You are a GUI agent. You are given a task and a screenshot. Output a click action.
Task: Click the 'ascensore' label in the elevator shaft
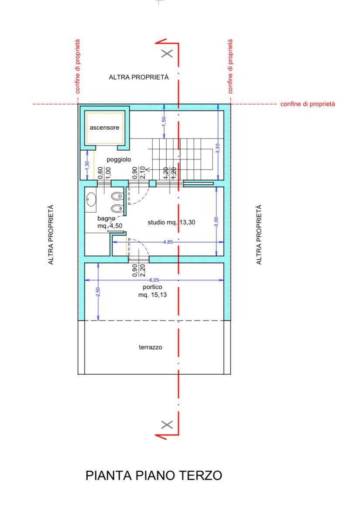click(x=104, y=128)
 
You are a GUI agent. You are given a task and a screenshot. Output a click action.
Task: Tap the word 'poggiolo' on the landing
click(x=119, y=160)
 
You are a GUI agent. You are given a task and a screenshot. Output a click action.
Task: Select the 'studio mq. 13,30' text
click(x=171, y=222)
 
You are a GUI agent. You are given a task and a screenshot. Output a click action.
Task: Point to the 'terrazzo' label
click(x=151, y=347)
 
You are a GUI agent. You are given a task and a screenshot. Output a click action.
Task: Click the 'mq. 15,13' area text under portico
click(x=152, y=295)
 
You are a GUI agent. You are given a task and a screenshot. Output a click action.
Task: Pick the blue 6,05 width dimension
click(x=154, y=280)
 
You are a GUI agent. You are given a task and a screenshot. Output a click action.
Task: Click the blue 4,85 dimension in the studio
click(x=168, y=242)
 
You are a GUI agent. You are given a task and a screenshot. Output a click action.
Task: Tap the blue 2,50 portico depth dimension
click(x=98, y=292)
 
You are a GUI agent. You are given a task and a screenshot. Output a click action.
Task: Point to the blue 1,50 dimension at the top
click(x=164, y=121)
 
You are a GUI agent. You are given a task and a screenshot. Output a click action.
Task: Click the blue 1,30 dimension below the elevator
click(x=87, y=165)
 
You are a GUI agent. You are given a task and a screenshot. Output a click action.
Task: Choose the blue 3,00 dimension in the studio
click(x=216, y=221)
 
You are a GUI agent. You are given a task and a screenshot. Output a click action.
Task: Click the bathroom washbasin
click(x=91, y=200)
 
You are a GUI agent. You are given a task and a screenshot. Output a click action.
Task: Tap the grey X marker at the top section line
click(x=167, y=53)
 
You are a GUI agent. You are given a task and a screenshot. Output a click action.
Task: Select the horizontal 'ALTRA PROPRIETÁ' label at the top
click(x=139, y=77)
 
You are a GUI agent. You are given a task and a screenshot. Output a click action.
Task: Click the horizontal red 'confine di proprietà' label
click(x=308, y=104)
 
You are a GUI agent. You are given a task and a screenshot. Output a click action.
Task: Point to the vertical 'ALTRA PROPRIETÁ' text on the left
click(x=51, y=235)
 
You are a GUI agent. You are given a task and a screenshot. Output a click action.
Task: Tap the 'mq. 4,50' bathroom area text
click(x=110, y=226)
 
